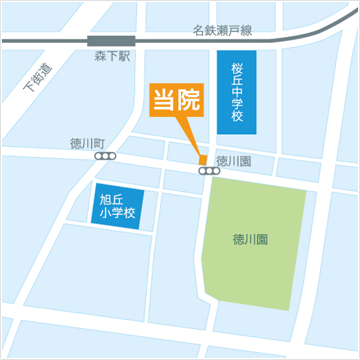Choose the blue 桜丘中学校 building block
(x=237, y=92)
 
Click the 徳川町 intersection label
(x=87, y=144)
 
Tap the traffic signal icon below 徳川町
(x=105, y=156)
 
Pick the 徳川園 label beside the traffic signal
(x=233, y=161)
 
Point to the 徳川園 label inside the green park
(x=251, y=240)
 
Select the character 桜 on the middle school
(x=237, y=68)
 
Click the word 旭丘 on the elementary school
(x=118, y=200)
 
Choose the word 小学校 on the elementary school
(x=118, y=214)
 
